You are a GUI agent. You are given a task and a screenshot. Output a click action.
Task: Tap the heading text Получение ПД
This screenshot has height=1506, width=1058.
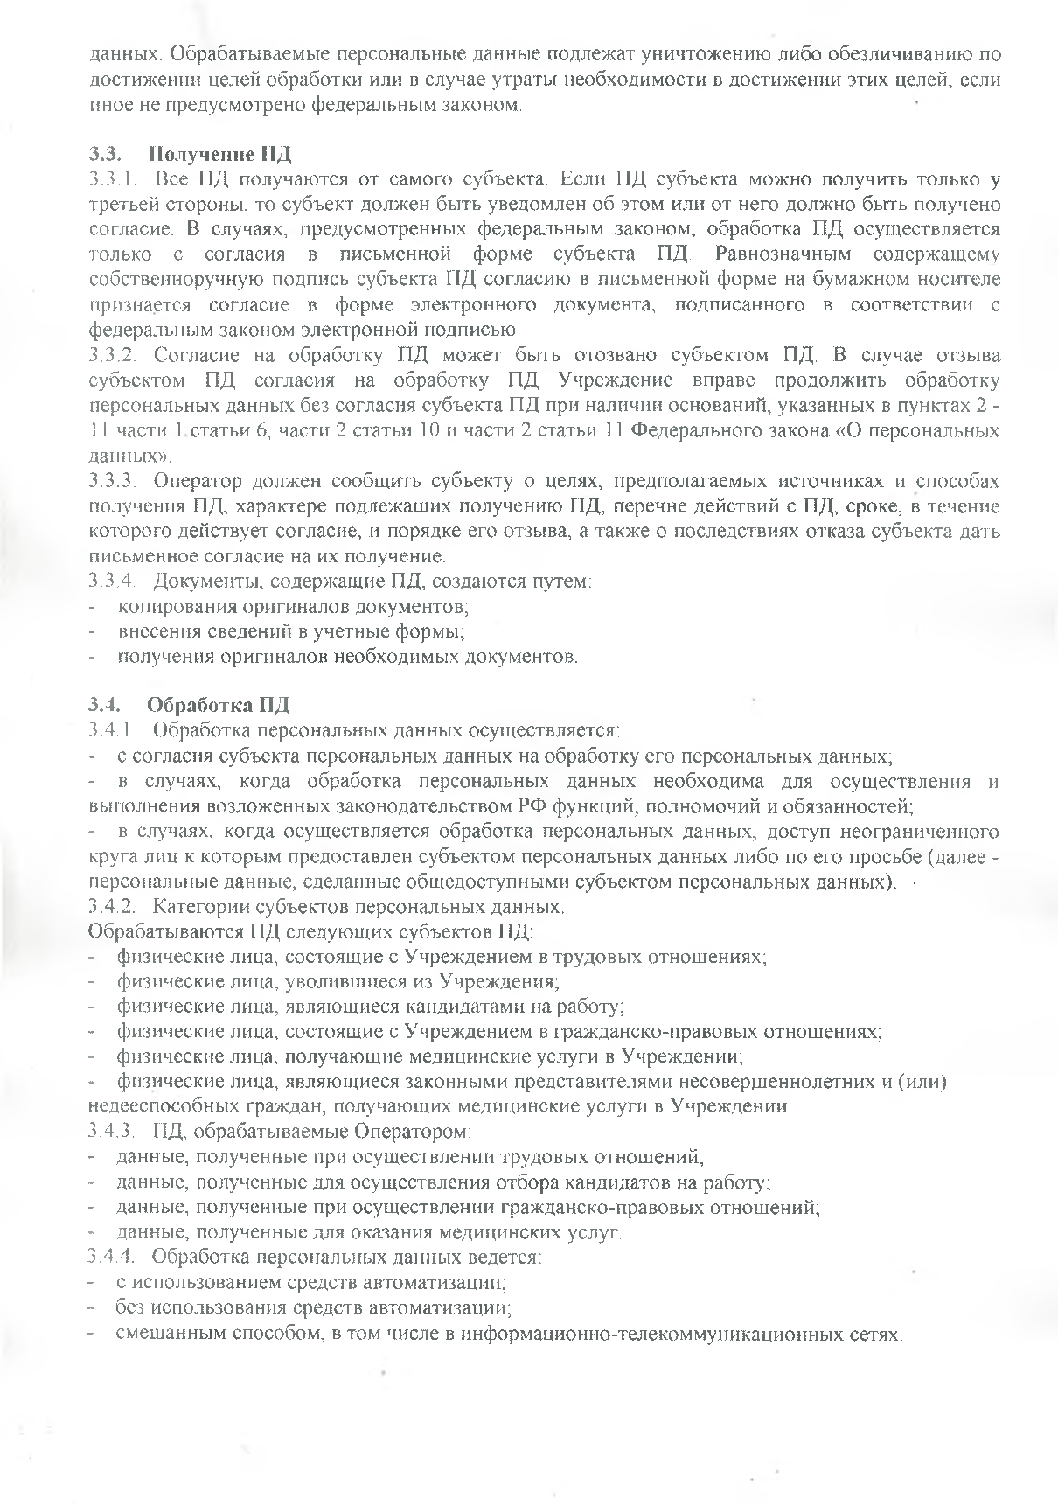click(x=220, y=155)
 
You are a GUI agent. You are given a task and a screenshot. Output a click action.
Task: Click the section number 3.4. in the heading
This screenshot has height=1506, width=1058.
click(x=104, y=704)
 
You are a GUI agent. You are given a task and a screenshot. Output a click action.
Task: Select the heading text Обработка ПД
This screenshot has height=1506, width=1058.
click(x=219, y=704)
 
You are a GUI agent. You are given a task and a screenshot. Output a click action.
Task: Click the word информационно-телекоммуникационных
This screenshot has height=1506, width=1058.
click(x=642, y=1334)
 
